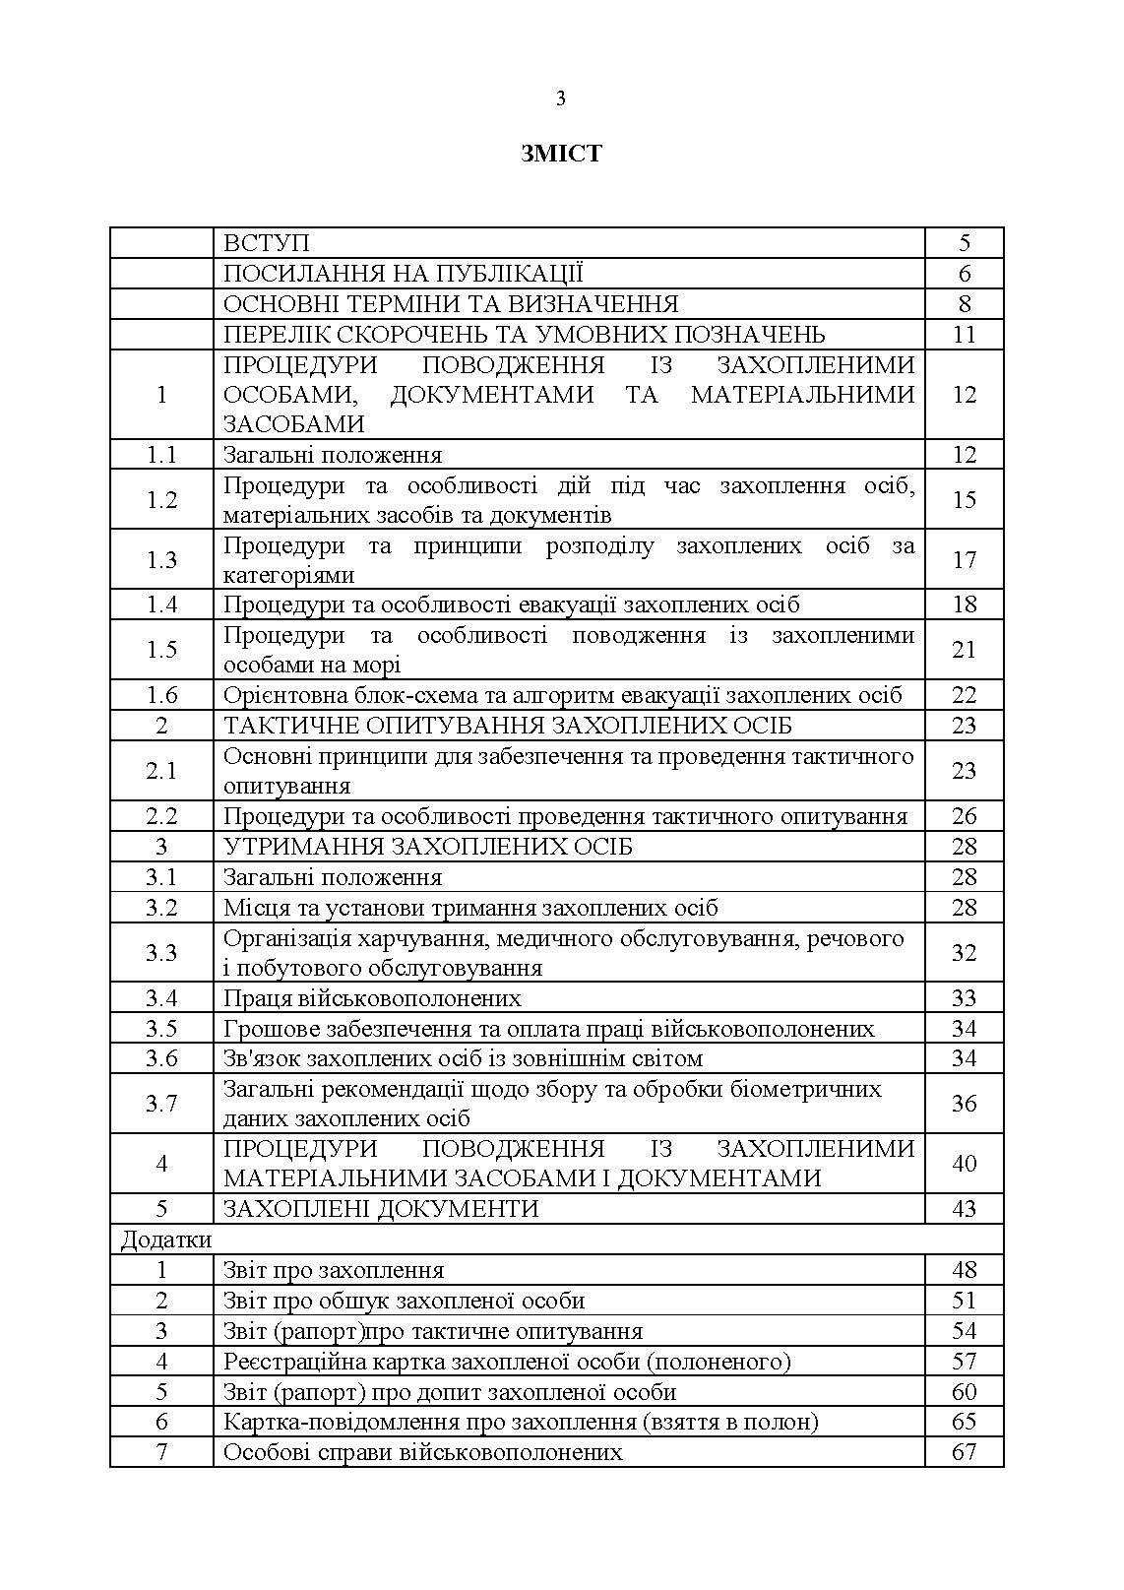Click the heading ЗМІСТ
click(561, 154)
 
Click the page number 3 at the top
click(561, 97)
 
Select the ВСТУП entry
click(267, 243)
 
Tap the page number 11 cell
click(964, 335)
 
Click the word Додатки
click(165, 1240)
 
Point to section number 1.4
click(161, 604)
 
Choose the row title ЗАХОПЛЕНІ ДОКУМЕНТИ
click(381, 1209)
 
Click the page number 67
click(964, 1452)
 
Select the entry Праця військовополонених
click(372, 998)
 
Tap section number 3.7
click(161, 1104)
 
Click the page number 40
click(964, 1164)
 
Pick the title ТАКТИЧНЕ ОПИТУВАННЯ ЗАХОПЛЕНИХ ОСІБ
click(508, 726)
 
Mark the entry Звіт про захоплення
click(334, 1270)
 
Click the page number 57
click(964, 1362)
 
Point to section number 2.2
click(161, 816)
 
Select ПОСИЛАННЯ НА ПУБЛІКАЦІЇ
click(404, 274)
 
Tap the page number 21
click(964, 650)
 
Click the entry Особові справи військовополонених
click(422, 1452)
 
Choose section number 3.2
click(161, 908)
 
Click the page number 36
click(964, 1104)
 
